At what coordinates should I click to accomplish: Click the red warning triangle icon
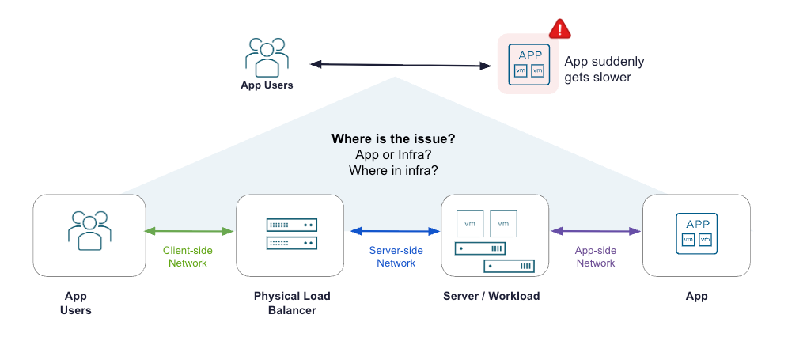coord(560,28)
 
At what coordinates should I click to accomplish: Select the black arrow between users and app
coord(400,65)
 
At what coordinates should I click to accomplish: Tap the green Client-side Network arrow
coord(190,231)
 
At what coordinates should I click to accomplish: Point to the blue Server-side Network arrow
coord(395,231)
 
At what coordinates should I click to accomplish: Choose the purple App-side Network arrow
coord(596,231)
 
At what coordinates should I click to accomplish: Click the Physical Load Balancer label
coord(292,303)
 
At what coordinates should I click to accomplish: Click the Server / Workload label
coord(491,296)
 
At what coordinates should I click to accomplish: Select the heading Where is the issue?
coord(393,139)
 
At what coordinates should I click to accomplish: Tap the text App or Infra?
coord(393,155)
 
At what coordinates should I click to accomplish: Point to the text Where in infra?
coord(393,170)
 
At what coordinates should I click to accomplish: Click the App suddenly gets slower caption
coord(604,70)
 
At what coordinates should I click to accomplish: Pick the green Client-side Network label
coord(188,256)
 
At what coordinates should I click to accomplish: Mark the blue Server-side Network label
coord(396,256)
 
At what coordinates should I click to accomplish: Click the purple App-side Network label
coord(596,256)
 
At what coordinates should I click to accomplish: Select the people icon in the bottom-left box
coord(89,230)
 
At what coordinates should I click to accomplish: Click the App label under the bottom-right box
coord(696,296)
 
